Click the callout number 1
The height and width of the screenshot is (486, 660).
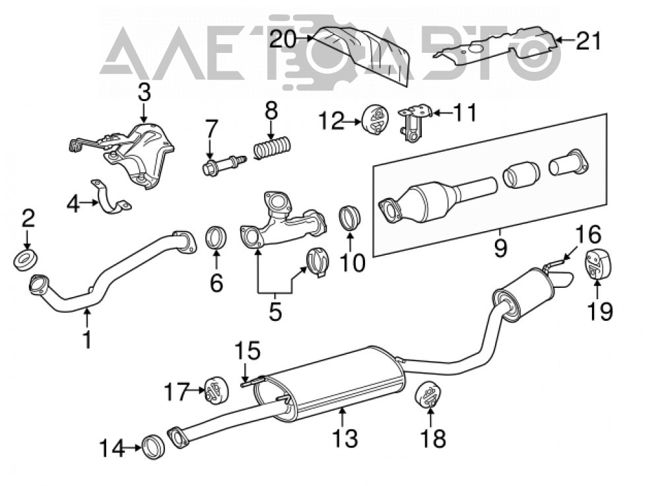[87, 339]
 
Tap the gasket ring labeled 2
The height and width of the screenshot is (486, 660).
[26, 260]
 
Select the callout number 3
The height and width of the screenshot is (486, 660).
[144, 92]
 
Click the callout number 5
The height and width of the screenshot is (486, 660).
[275, 312]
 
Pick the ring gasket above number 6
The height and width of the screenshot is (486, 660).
[216, 238]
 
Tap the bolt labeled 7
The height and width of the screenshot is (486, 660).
[223, 164]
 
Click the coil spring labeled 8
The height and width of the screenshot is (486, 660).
[271, 147]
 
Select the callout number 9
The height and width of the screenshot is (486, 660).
[500, 248]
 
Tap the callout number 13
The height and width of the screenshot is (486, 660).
[345, 438]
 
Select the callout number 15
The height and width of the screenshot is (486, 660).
[247, 351]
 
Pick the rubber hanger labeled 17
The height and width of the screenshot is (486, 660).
[216, 391]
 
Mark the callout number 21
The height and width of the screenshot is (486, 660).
[589, 41]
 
